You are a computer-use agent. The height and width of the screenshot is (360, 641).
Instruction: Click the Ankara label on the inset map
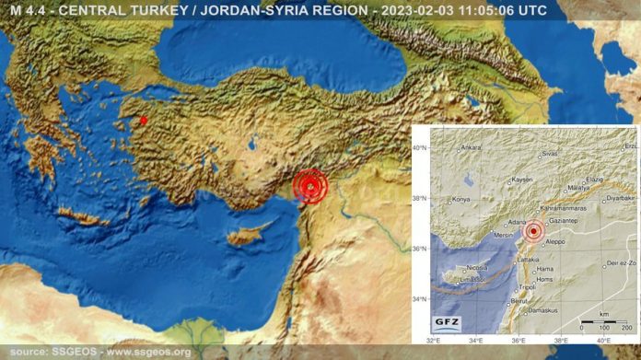click(471, 146)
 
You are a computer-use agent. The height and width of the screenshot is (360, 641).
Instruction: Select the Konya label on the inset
click(461, 199)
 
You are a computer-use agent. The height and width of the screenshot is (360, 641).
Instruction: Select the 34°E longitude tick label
click(476, 341)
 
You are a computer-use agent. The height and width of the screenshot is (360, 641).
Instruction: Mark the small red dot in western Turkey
click(143, 120)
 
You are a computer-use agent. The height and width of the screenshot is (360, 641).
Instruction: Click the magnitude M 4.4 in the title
click(27, 11)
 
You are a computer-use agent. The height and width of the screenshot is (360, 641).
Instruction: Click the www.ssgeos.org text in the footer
click(149, 352)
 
